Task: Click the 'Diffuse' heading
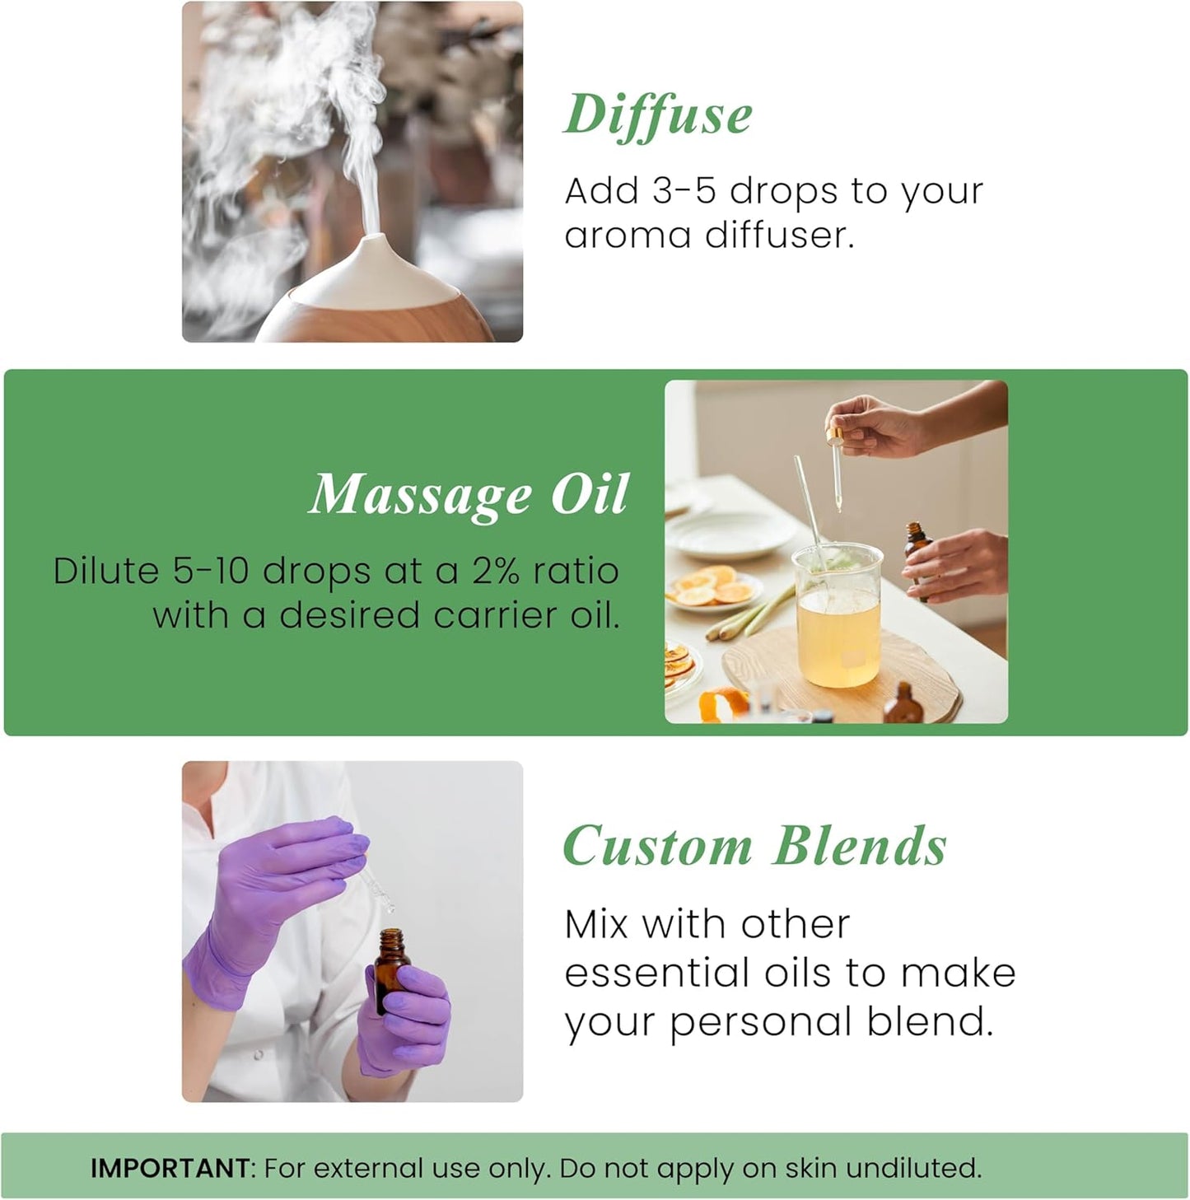pyautogui.click(x=658, y=115)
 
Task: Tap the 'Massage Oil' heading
pyautogui.click(x=469, y=494)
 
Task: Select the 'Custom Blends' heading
pyautogui.click(x=754, y=846)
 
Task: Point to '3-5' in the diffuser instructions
pyautogui.click(x=685, y=191)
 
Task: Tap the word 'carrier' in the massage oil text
pyautogui.click(x=493, y=615)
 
